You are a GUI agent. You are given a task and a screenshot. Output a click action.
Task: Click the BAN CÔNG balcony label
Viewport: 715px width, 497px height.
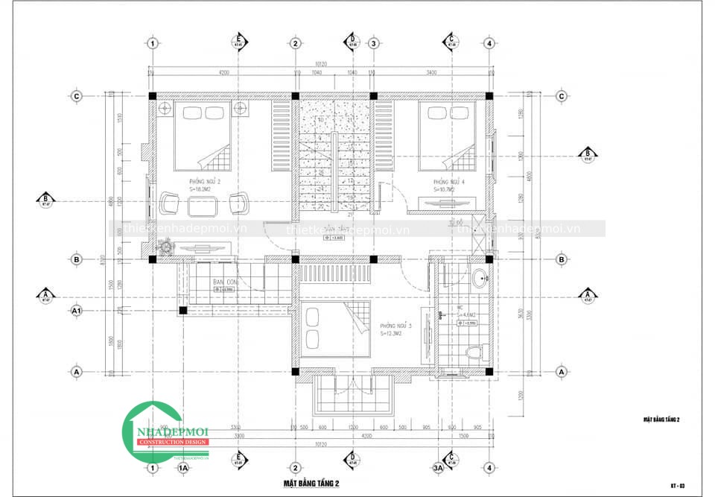[224, 282]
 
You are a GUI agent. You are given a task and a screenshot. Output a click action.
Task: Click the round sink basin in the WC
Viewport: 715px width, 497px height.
[480, 280]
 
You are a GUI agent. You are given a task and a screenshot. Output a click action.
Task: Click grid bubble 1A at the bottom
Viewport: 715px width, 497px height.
[182, 468]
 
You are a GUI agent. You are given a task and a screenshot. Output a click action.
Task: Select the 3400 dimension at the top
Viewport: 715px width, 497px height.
[431, 72]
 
